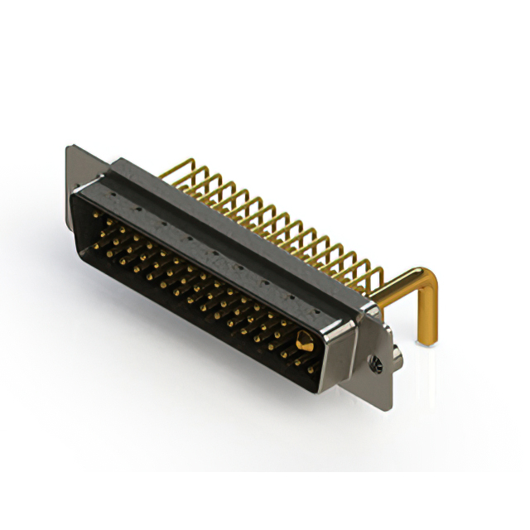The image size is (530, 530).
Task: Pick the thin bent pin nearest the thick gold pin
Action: click(x=373, y=273)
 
